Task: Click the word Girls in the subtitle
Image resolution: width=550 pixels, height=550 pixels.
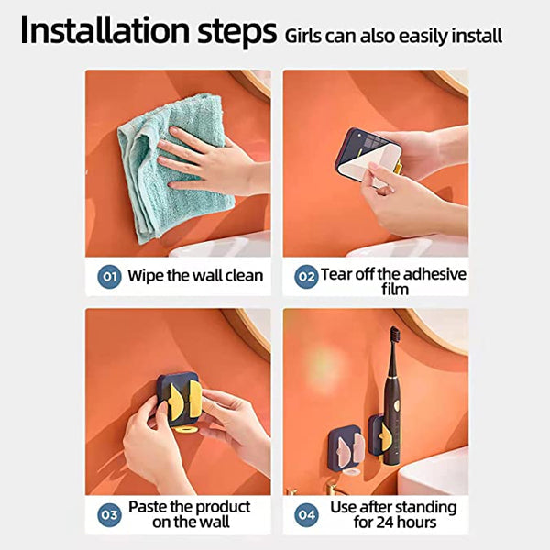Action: [303, 37]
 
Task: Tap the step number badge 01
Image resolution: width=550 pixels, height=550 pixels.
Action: [108, 274]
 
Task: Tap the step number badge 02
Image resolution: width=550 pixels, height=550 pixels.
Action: [306, 275]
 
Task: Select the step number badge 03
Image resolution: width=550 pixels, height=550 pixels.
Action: [108, 514]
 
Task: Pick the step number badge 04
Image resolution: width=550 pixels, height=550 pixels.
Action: [306, 514]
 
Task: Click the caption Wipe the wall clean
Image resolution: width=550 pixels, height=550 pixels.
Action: [195, 275]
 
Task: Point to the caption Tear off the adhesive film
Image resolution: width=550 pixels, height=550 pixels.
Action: [393, 280]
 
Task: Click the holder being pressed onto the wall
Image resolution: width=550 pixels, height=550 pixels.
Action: [179, 400]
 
